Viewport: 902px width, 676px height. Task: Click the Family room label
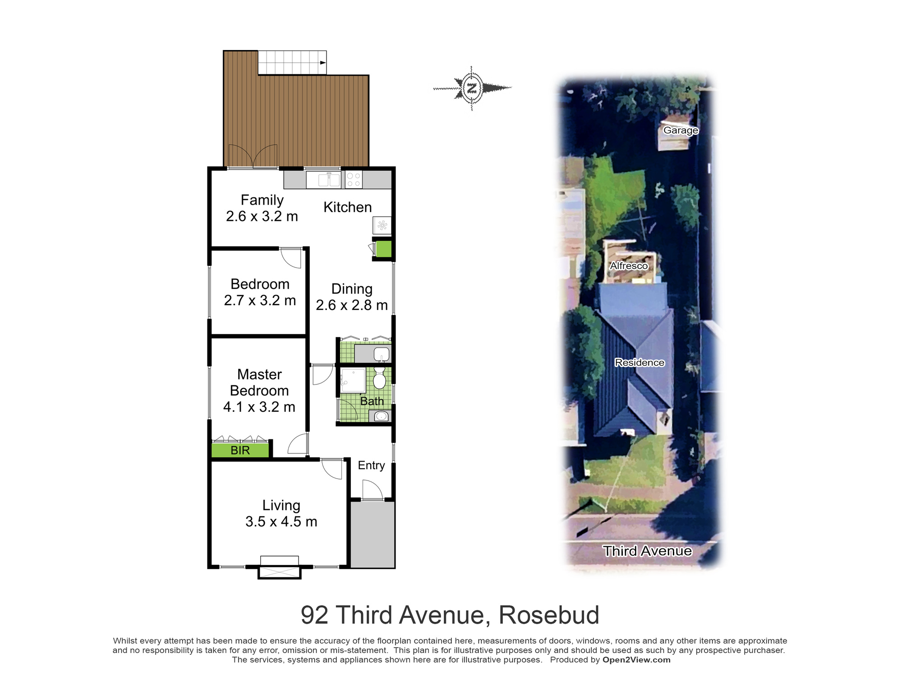click(x=262, y=200)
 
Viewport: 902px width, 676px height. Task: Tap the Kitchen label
click(x=348, y=207)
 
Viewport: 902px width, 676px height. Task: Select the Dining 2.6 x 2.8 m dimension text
click(x=352, y=305)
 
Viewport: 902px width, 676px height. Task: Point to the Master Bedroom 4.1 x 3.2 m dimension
click(x=259, y=407)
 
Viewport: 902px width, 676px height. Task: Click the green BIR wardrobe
click(x=240, y=450)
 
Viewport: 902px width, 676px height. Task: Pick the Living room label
click(x=281, y=505)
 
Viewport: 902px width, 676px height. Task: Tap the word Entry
click(x=371, y=466)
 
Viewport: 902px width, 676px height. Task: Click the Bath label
click(x=372, y=401)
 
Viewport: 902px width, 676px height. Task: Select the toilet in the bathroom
click(x=380, y=378)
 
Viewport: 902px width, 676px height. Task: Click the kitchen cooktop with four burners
click(x=354, y=180)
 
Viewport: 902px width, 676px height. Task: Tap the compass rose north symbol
click(x=472, y=88)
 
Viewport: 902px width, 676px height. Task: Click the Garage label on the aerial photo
click(x=681, y=130)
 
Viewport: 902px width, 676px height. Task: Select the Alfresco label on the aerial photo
click(x=629, y=266)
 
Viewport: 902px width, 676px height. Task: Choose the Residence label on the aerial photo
click(x=640, y=362)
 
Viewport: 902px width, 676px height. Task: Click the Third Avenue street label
click(x=647, y=551)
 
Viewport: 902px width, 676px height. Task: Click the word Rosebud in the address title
click(x=549, y=615)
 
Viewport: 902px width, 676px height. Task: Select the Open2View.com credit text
click(x=636, y=660)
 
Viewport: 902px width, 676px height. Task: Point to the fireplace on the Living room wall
click(x=279, y=567)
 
